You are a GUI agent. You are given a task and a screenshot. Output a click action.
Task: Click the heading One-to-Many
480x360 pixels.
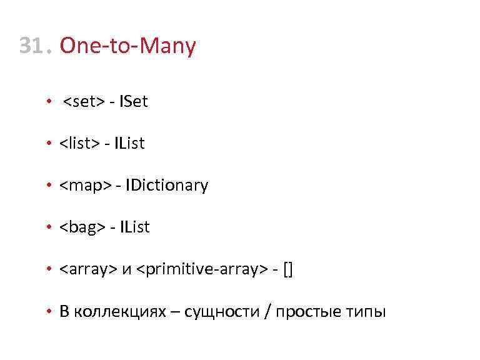(x=128, y=46)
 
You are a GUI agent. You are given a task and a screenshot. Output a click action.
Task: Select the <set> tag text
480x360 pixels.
(x=84, y=101)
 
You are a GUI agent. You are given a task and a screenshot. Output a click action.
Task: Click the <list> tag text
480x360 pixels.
(x=79, y=144)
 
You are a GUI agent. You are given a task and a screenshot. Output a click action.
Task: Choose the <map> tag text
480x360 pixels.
(x=85, y=186)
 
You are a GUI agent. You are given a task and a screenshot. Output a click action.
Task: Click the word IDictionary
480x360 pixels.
(x=167, y=186)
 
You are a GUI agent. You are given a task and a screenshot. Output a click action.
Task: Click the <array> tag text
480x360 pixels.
(x=88, y=269)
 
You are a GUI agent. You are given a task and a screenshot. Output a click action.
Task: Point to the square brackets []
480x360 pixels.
(x=288, y=269)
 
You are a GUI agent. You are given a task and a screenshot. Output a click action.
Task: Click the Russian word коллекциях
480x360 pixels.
(x=119, y=311)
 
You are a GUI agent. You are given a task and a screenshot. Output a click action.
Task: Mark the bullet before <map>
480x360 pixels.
(x=48, y=186)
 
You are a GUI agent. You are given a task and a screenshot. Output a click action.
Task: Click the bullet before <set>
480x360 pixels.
(x=48, y=102)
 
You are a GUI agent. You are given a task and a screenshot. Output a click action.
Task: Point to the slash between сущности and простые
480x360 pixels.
(x=268, y=311)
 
